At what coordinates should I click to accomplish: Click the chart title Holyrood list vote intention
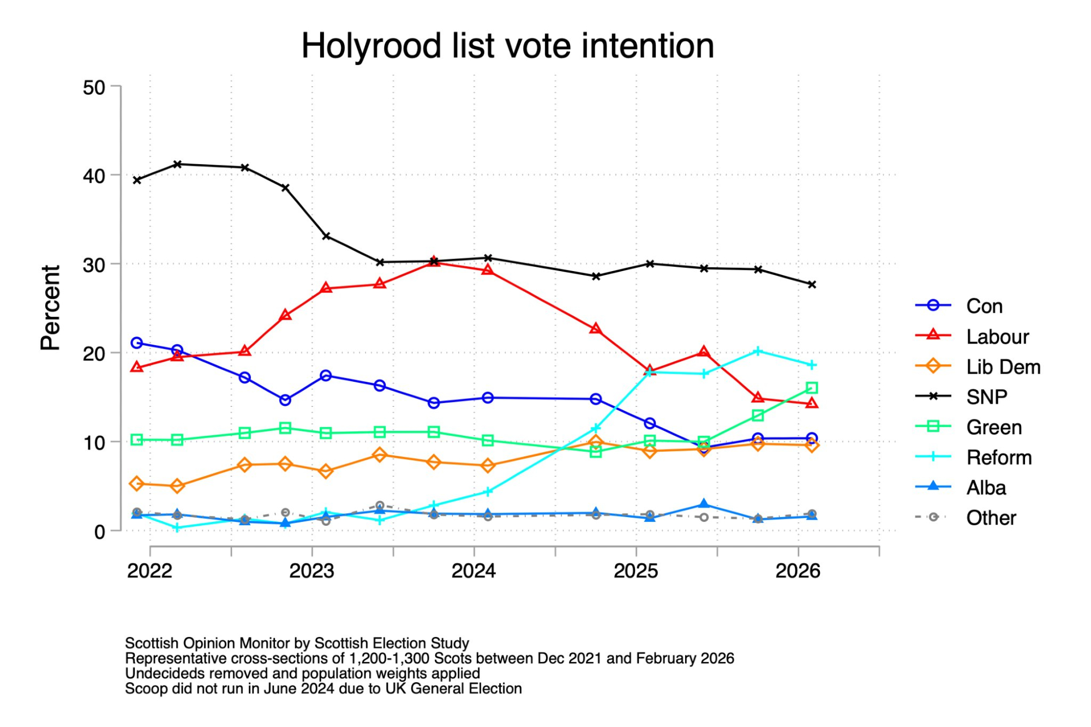click(x=507, y=46)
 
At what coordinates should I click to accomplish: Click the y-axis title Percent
click(x=50, y=308)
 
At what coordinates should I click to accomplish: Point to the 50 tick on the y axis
click(x=94, y=88)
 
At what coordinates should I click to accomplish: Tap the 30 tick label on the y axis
click(x=94, y=266)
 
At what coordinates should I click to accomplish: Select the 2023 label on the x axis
click(x=311, y=571)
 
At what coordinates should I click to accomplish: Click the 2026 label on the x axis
click(x=798, y=571)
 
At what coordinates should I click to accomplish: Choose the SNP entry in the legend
click(x=986, y=397)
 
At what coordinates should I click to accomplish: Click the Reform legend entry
click(x=998, y=458)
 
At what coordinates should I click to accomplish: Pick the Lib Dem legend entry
click(x=1003, y=367)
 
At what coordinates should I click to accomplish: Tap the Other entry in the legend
click(x=991, y=518)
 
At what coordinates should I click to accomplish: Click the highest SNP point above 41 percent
click(x=177, y=164)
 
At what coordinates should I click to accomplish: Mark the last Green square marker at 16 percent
click(x=812, y=388)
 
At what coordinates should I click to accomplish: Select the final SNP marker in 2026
click(x=812, y=285)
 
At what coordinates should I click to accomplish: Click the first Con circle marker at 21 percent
click(x=137, y=343)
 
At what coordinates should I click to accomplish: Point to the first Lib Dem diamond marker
click(x=137, y=484)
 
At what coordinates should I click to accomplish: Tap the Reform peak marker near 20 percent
click(x=758, y=351)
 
